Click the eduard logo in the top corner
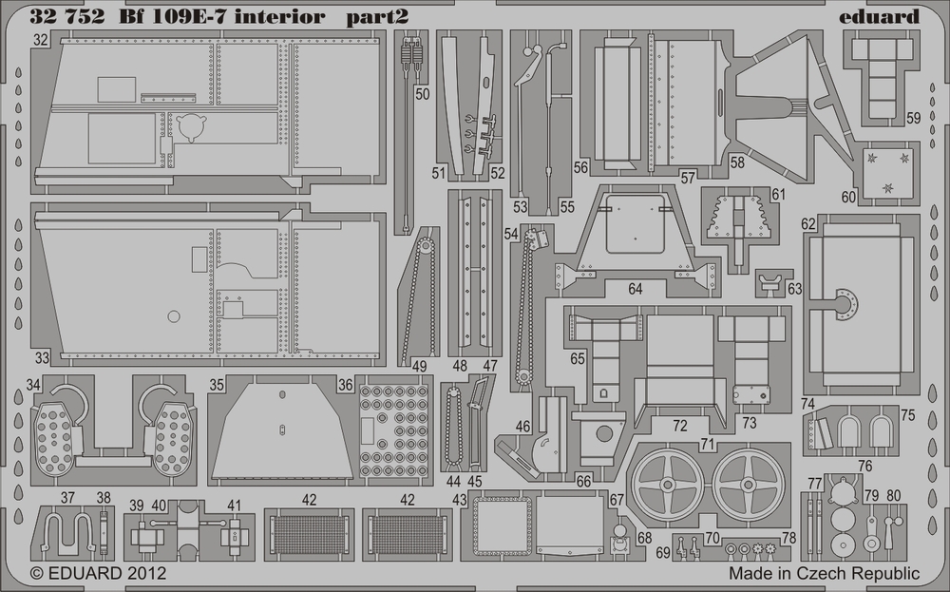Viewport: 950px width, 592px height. (880, 16)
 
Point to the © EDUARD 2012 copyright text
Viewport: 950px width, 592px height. (99, 574)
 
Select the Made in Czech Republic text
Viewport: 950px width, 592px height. (824, 574)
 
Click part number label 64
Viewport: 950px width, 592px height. (635, 288)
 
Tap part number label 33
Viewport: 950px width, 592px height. (42, 358)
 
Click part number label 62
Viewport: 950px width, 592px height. (808, 224)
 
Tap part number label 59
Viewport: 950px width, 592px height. (913, 120)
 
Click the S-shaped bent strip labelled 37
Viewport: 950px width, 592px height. (68, 533)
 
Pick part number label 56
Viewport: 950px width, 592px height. (581, 167)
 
